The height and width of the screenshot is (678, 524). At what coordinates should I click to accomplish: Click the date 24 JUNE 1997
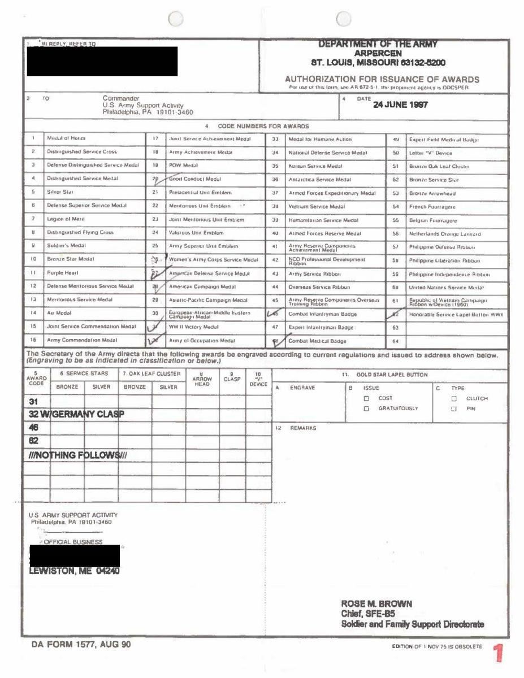401,105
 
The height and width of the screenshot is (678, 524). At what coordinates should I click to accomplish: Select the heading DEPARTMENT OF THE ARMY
378,44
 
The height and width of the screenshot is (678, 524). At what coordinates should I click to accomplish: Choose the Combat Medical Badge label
317,341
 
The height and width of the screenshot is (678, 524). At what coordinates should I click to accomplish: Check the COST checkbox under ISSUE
366,398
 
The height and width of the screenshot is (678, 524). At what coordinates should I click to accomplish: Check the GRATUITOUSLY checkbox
366,408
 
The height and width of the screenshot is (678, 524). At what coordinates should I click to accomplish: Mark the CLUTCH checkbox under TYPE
453,398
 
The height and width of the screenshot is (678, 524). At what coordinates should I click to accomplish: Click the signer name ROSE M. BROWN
376,603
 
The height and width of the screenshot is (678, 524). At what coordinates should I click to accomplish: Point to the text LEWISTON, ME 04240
74,571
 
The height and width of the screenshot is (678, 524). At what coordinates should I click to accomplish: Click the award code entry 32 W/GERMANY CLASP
76,415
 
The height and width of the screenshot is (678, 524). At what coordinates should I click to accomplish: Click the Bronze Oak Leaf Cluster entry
439,166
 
